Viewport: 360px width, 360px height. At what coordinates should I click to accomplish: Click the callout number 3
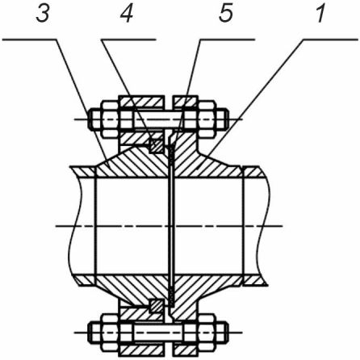coord(43,14)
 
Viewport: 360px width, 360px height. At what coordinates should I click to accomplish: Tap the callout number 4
coord(127,14)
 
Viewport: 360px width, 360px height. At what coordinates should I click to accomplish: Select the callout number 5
coord(225,14)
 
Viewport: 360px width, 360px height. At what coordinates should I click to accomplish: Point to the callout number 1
coord(320,14)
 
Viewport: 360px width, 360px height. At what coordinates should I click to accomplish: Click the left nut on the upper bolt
coord(110,119)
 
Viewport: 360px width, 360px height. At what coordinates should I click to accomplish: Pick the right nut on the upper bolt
coord(207,119)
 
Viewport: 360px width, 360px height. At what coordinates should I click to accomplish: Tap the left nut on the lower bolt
coord(110,333)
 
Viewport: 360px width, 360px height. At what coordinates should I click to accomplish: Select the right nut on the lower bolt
coord(207,333)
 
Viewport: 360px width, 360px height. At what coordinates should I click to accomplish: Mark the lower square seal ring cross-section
coord(157,306)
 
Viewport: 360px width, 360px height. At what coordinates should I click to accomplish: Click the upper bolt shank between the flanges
coord(158,119)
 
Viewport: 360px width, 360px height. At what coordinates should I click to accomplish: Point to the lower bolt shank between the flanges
coord(158,333)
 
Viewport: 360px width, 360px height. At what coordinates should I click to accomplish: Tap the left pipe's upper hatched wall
coord(83,172)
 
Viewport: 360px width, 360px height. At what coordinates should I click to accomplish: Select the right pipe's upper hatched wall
coord(255,172)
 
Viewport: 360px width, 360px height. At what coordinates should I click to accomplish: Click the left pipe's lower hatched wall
coord(84,280)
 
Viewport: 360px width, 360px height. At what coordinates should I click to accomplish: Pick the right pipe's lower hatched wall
coord(255,280)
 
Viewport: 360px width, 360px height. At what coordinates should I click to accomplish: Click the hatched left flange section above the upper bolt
coord(141,103)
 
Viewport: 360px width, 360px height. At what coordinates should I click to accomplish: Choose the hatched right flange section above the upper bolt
coord(186,102)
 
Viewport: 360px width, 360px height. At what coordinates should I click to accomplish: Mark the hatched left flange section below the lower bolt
coord(141,350)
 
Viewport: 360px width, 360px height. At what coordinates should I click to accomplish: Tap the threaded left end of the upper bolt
coord(94,119)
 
